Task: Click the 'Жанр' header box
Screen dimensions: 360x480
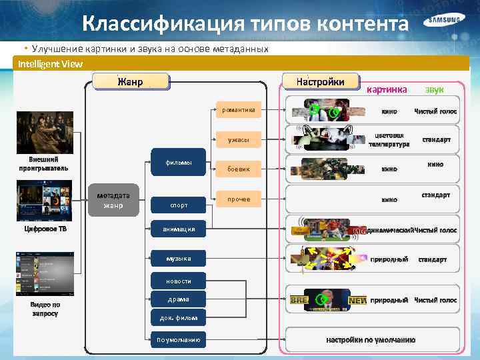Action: pyautogui.click(x=131, y=81)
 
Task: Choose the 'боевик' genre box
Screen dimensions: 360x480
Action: pyautogui.click(x=238, y=169)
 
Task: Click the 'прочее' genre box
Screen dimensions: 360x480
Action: pyautogui.click(x=238, y=199)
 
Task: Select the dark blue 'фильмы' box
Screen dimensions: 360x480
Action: pyautogui.click(x=179, y=163)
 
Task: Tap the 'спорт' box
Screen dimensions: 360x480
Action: pyautogui.click(x=179, y=205)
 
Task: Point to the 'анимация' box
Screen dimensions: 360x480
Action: pyautogui.click(x=179, y=229)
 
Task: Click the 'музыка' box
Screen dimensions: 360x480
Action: pyautogui.click(x=179, y=258)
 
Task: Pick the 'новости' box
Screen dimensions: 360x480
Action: pyautogui.click(x=179, y=281)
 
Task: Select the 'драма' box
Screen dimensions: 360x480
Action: pyautogui.click(x=179, y=299)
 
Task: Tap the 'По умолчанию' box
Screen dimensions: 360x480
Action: pyautogui.click(x=179, y=339)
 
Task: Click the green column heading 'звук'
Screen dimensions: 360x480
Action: pyautogui.click(x=435, y=89)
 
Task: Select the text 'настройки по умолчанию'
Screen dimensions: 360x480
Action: pyautogui.click(x=371, y=339)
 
